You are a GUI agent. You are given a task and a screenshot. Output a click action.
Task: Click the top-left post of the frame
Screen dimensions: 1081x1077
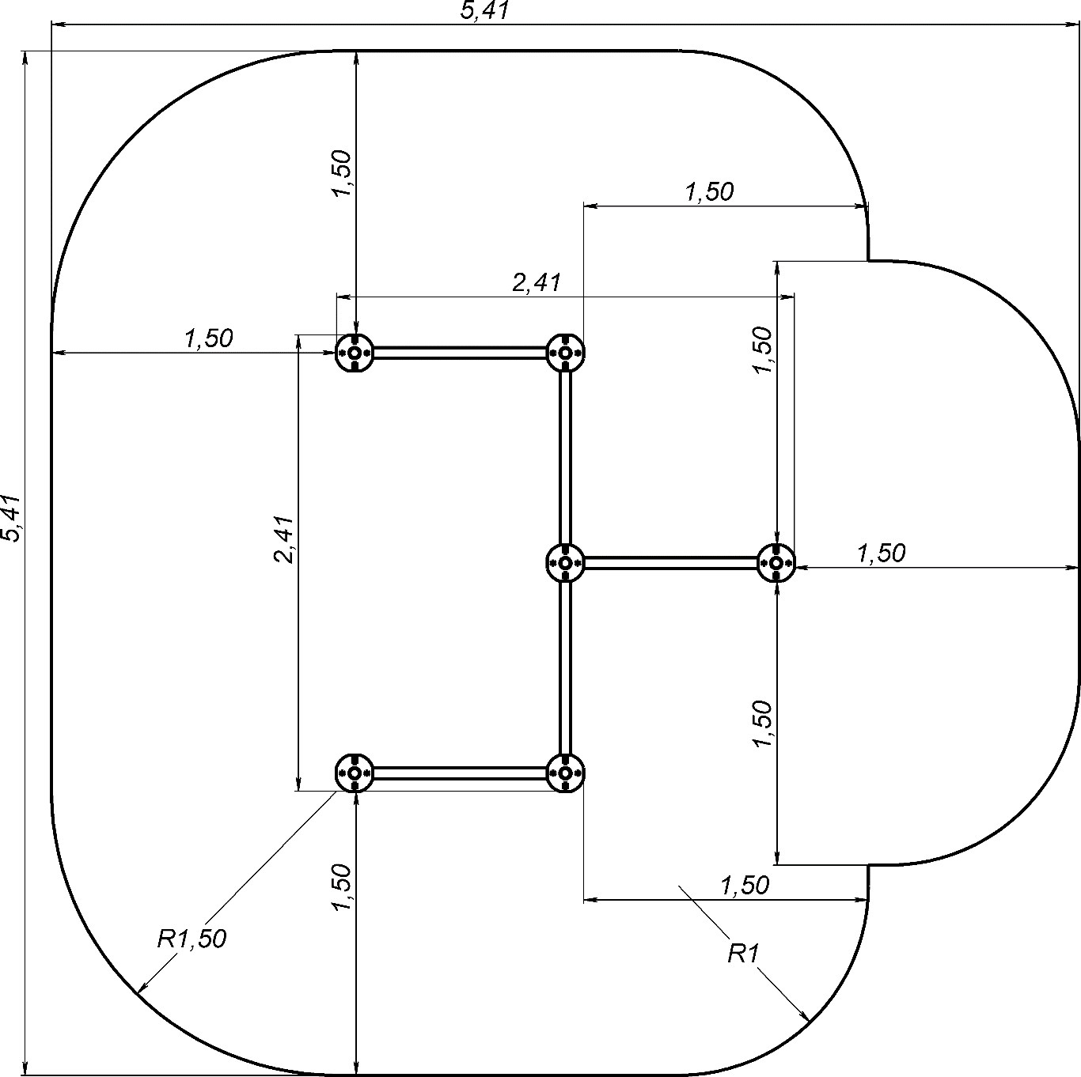(x=354, y=353)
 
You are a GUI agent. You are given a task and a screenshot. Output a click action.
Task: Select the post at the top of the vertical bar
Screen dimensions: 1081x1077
(x=566, y=353)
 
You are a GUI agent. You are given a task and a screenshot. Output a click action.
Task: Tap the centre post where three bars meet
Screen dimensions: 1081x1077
(x=566, y=562)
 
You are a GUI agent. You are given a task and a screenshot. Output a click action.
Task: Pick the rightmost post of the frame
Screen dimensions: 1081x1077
(x=776, y=562)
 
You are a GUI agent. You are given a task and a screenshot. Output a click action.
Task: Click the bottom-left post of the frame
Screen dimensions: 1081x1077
(x=354, y=773)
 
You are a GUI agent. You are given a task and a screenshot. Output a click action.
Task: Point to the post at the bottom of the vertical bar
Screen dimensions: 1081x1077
(x=566, y=773)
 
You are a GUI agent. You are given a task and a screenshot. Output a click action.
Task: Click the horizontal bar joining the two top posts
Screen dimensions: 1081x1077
(x=460, y=353)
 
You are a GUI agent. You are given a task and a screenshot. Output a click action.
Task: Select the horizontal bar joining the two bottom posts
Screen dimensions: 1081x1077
(x=460, y=773)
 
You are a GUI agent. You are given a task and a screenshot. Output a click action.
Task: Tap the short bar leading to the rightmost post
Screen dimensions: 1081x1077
(x=671, y=562)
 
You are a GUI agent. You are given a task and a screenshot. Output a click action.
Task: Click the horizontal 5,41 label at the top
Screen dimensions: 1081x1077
(x=484, y=11)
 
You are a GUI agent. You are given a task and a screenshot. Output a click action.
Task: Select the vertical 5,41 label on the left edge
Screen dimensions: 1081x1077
(x=11, y=518)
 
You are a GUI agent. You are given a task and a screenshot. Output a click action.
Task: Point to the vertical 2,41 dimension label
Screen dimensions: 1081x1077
(x=284, y=539)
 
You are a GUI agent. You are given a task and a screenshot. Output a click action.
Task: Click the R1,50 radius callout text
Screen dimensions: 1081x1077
(x=192, y=939)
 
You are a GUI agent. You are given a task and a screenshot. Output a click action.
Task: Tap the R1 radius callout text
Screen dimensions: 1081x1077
(x=743, y=954)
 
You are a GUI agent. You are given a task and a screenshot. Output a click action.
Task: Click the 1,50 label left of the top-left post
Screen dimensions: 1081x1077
(x=209, y=338)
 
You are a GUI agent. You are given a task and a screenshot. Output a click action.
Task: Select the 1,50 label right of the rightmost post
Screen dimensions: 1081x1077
(x=882, y=554)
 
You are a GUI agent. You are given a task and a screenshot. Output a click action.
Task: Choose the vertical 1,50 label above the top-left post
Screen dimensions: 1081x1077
(x=342, y=173)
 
